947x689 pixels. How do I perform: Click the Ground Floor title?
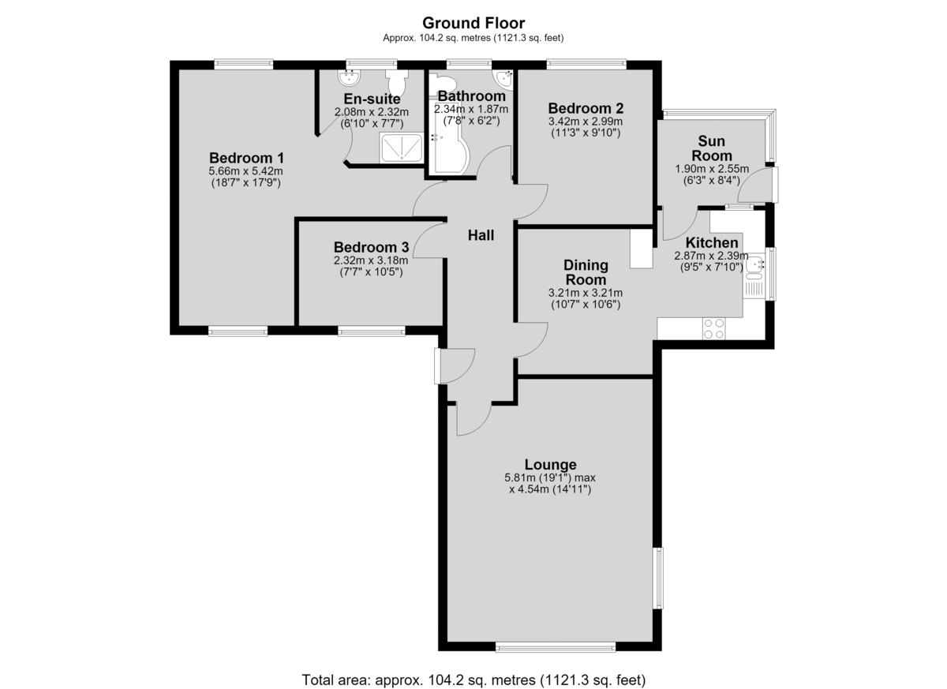pos(473,23)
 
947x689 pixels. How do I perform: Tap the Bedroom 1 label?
pos(246,158)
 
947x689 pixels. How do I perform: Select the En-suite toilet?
pos(396,82)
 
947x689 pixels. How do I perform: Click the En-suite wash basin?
pos(349,77)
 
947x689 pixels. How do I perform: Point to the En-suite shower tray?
pos(401,148)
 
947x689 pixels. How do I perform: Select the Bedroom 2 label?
pos(586,108)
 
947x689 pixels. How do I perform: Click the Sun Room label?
pos(712,148)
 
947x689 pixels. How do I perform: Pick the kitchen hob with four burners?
pos(713,329)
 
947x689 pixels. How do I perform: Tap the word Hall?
pos(481,235)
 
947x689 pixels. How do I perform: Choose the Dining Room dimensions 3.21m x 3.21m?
pos(586,293)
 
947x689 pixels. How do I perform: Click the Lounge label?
pos(551,465)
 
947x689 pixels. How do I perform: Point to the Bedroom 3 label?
pos(371,247)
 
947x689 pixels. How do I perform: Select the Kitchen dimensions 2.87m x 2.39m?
pos(711,256)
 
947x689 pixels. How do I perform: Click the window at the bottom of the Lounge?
pos(556,647)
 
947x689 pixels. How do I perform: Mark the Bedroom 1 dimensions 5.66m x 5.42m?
pos(245,171)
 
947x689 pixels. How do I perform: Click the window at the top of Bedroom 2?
pos(586,64)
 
